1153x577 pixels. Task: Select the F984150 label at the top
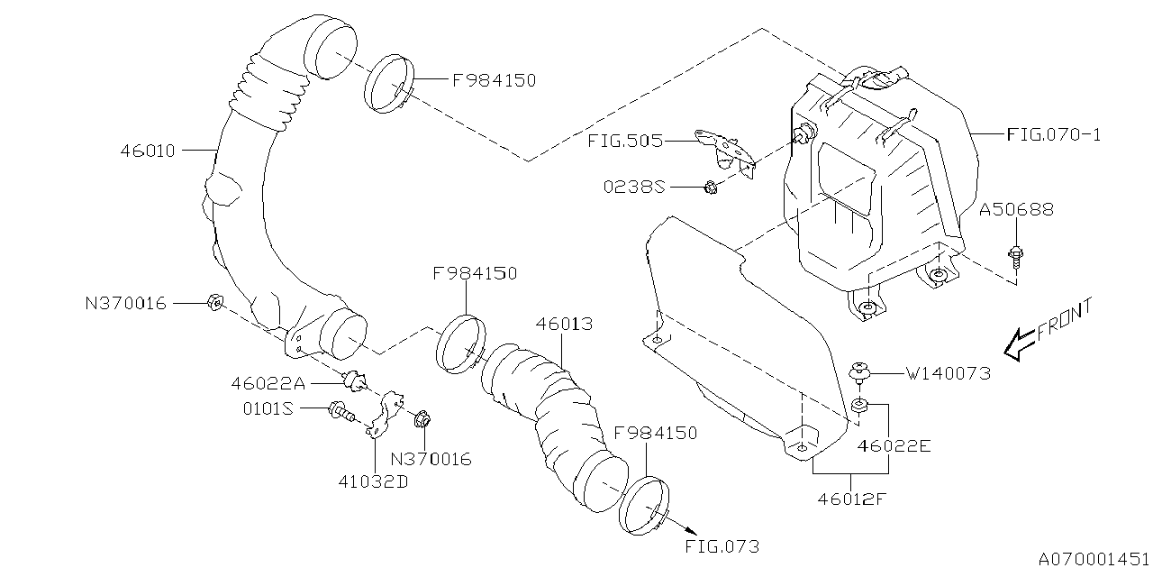[x=494, y=80]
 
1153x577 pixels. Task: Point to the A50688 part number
[x=1017, y=209]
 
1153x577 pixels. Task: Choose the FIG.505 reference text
[x=624, y=141]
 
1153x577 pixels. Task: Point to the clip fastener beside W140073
[x=860, y=371]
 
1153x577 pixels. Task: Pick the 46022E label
[x=894, y=445]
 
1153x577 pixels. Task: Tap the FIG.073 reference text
[x=722, y=546]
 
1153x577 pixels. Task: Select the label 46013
[x=564, y=323]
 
